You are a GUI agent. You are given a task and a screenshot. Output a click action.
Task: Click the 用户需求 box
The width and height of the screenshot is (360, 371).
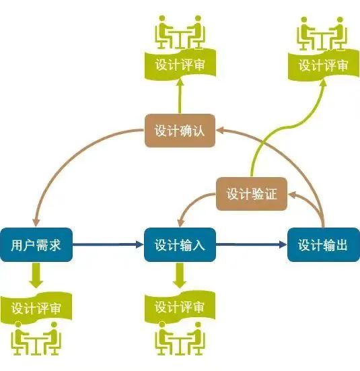(x=36, y=244)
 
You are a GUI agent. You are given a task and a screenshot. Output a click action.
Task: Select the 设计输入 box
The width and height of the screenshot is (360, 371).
(x=180, y=244)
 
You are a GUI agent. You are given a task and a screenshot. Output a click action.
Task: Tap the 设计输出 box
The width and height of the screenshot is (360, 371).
(x=324, y=244)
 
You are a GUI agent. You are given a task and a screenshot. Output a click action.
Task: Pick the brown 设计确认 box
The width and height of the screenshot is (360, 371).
(x=180, y=131)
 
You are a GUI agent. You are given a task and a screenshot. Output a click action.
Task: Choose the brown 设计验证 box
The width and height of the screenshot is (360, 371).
(x=252, y=194)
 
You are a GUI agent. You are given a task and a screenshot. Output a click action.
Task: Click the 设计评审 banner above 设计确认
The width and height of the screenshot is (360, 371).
(x=180, y=64)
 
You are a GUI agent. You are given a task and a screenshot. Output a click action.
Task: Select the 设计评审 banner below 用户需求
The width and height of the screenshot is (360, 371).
(x=36, y=308)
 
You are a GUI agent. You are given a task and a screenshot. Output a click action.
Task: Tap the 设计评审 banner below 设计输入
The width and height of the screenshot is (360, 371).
(x=180, y=307)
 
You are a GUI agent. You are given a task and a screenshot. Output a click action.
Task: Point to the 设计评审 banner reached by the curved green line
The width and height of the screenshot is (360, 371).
(x=324, y=65)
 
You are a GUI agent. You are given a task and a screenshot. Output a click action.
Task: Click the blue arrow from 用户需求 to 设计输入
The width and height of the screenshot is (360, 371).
(x=108, y=244)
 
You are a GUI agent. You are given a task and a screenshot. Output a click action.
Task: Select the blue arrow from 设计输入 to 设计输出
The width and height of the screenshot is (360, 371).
(x=252, y=244)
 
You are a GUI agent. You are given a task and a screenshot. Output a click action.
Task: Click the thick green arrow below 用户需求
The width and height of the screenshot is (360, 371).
(x=36, y=275)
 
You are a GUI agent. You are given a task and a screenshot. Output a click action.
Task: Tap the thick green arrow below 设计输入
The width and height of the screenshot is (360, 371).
(x=180, y=275)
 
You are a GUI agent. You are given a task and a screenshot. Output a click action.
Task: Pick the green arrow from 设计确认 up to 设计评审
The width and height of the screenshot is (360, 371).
(x=180, y=96)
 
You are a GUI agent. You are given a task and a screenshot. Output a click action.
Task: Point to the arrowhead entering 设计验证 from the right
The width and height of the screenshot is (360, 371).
(x=292, y=195)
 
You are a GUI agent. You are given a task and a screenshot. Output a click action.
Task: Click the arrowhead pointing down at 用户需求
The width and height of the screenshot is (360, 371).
(x=36, y=222)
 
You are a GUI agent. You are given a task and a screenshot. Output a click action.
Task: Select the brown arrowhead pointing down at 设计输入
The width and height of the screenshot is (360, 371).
(x=181, y=222)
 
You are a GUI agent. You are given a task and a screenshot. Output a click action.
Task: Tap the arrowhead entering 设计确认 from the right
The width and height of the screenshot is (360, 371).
(x=220, y=130)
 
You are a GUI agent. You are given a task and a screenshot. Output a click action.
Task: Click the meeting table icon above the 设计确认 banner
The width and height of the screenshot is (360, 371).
(x=180, y=32)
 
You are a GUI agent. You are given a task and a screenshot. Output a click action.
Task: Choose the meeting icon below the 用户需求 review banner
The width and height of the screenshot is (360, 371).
(x=36, y=339)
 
